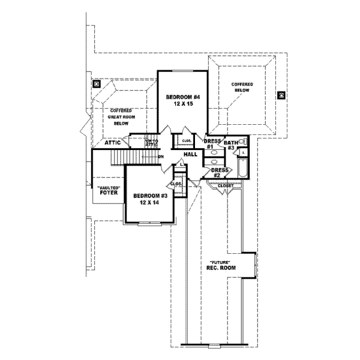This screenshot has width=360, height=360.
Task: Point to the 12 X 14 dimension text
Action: pos(149,203)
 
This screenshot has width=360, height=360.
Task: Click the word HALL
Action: pos(190,155)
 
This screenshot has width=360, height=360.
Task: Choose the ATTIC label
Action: pos(113,143)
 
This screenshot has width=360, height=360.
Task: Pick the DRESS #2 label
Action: pos(220,173)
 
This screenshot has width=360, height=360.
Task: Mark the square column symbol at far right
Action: pos(281,94)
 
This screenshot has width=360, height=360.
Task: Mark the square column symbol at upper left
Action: pos(96,84)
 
